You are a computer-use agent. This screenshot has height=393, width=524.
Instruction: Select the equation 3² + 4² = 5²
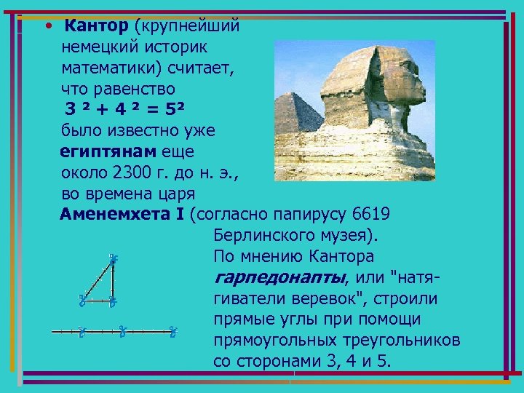coord(124,110)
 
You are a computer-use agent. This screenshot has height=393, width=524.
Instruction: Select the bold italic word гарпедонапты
coord(279,277)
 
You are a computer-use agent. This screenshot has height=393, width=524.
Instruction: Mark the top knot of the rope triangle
coord(114,258)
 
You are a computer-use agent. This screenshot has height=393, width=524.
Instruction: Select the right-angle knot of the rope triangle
coord(114,300)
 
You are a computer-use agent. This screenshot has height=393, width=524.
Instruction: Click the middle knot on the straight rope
coord(124,332)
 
